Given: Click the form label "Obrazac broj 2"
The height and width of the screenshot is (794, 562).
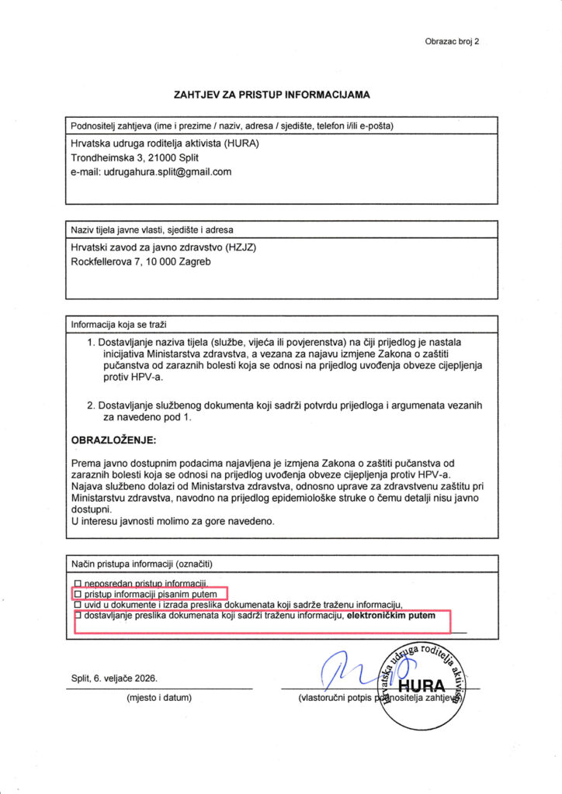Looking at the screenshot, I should tap(452, 41).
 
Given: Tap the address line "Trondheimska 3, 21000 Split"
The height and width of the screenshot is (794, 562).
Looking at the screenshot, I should tap(135, 157).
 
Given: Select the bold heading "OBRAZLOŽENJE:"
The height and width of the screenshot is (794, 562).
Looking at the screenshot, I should tap(113, 440).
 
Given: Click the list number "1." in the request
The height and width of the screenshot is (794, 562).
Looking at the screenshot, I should tap(91, 342).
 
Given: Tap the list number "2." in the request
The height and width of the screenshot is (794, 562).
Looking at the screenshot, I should tap(91, 405).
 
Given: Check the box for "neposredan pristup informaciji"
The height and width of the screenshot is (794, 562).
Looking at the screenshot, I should tap(77, 582).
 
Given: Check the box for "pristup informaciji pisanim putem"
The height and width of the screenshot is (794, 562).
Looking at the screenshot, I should tap(77, 593).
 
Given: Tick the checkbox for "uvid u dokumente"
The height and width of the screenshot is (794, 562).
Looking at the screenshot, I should tap(77, 604).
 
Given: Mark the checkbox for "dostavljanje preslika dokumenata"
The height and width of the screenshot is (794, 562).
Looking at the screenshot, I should tap(77, 616).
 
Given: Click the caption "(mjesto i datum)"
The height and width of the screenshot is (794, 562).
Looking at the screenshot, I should tap(158, 698).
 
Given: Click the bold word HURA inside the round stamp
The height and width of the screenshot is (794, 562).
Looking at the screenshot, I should tap(421, 686).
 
